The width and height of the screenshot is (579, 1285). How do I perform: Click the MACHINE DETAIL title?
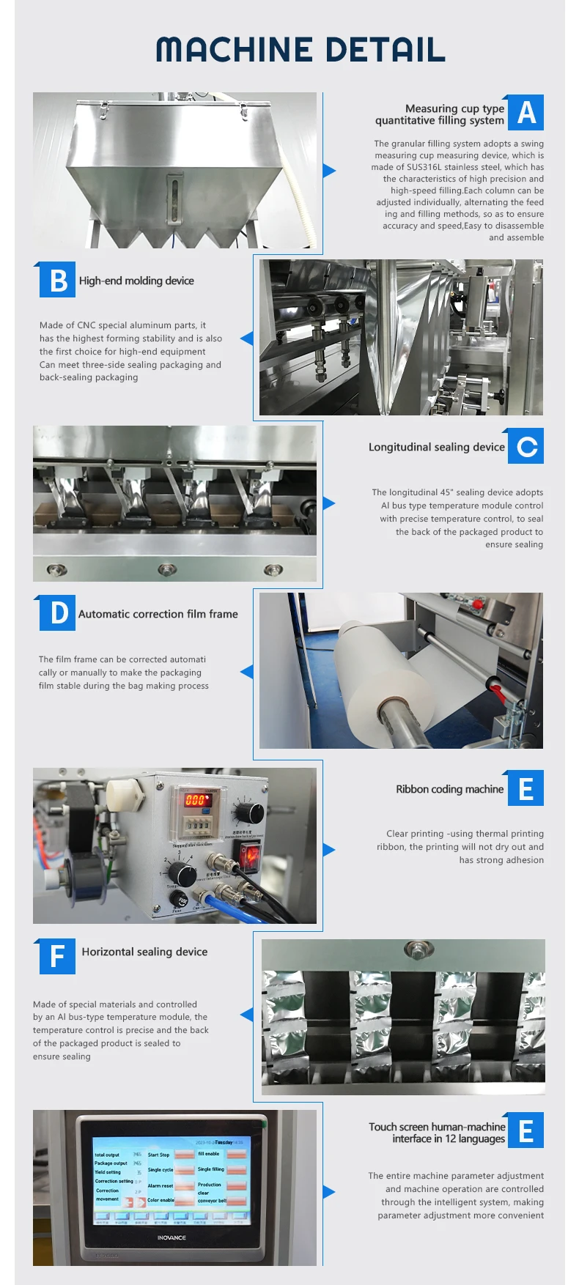300,50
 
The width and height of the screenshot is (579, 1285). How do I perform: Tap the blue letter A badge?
525,113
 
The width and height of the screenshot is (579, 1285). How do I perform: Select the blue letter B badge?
58,280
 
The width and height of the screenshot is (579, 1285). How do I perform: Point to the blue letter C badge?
525,446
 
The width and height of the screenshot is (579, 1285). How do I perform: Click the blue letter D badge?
58,613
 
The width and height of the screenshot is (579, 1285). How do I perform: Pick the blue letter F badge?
58,956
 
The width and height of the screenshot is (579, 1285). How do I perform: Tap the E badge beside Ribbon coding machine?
525,789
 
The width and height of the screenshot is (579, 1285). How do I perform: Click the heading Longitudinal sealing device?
436,447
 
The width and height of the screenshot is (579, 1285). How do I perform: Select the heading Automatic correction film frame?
158,614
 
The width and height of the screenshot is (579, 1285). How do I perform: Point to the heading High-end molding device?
136,281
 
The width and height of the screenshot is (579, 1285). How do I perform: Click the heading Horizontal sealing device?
144,952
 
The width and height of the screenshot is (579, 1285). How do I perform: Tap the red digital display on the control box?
196,799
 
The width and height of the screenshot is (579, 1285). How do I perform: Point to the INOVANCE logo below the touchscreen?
172,1237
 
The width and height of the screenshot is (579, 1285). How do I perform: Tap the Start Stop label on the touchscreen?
158,1155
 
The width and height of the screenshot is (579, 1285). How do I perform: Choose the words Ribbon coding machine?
449,789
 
